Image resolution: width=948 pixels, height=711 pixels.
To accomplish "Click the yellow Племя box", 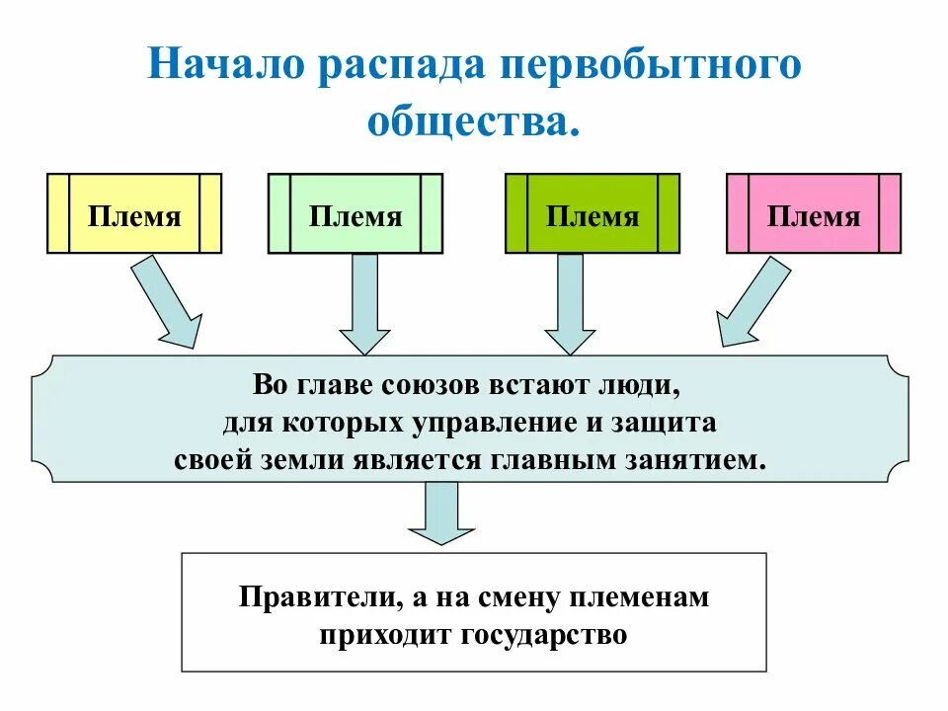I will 134,213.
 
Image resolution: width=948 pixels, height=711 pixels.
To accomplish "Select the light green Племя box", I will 355,213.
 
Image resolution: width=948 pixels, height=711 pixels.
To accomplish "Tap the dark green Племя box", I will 592,213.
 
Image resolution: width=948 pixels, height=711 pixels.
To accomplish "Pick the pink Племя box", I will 814,213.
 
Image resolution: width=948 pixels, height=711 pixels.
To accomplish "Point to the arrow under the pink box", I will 750,301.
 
